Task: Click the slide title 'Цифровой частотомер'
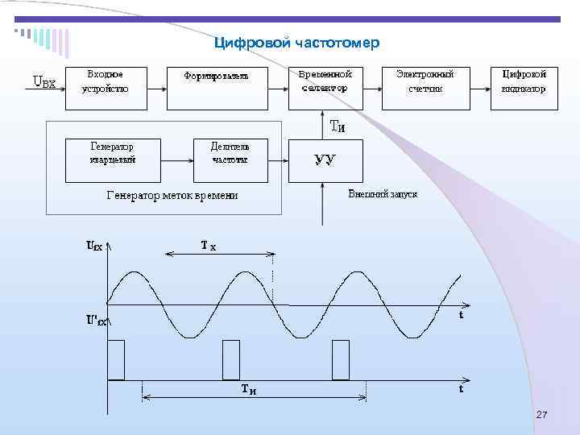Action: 296,42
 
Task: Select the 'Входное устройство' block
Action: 106,81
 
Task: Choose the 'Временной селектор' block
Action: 325,81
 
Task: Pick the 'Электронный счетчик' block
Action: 425,81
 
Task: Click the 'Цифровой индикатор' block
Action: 524,81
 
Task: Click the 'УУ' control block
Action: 325,159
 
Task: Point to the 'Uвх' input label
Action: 43,81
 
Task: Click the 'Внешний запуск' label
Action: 383,195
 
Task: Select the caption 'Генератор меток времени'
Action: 172,195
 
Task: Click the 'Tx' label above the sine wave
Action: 208,245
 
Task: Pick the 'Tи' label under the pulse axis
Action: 251,390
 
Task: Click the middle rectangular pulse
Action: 231,359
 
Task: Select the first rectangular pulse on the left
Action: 116,359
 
